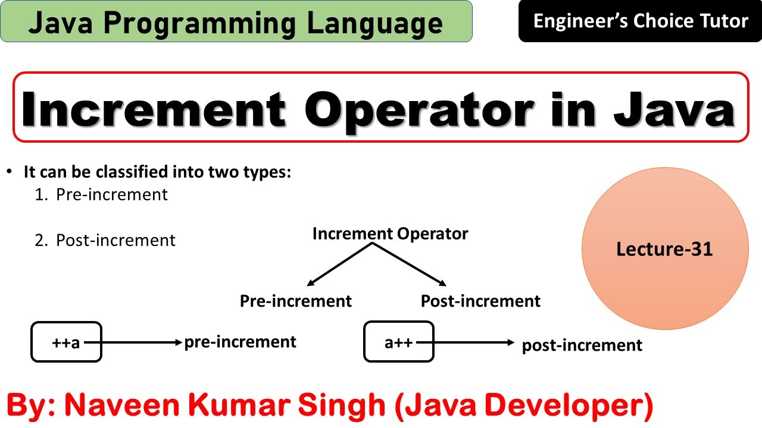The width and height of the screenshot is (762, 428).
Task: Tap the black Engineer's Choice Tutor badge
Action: (640, 21)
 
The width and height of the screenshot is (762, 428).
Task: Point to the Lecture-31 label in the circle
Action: (664, 248)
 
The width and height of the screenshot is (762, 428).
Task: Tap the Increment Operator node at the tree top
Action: (390, 234)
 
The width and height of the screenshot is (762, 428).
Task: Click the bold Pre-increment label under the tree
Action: (296, 301)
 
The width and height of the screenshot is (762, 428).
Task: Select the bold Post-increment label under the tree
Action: (480, 301)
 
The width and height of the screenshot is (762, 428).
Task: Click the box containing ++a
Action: (66, 342)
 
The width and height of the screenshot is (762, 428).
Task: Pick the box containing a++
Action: (399, 342)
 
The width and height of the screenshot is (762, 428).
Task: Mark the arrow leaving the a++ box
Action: (474, 343)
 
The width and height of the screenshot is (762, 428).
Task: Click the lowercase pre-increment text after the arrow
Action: (240, 342)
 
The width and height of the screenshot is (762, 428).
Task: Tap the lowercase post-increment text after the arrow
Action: (582, 345)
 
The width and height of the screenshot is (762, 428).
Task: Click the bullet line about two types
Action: (157, 173)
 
